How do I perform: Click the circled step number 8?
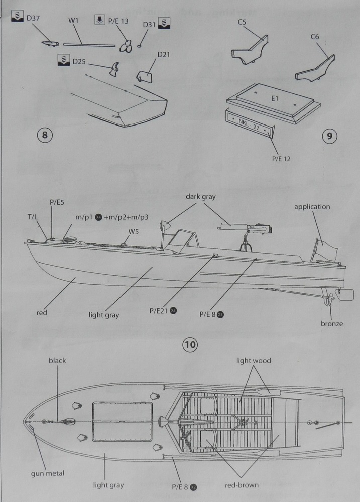coord(45,135)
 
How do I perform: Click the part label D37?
coord(33,19)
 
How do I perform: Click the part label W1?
coord(74,21)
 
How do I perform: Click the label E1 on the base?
coord(274,99)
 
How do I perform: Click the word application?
coord(312,206)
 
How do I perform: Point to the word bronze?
coord(332,324)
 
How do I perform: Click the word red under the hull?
coord(42,312)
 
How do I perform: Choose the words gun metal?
coord(48,473)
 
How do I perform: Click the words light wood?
coord(254,360)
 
